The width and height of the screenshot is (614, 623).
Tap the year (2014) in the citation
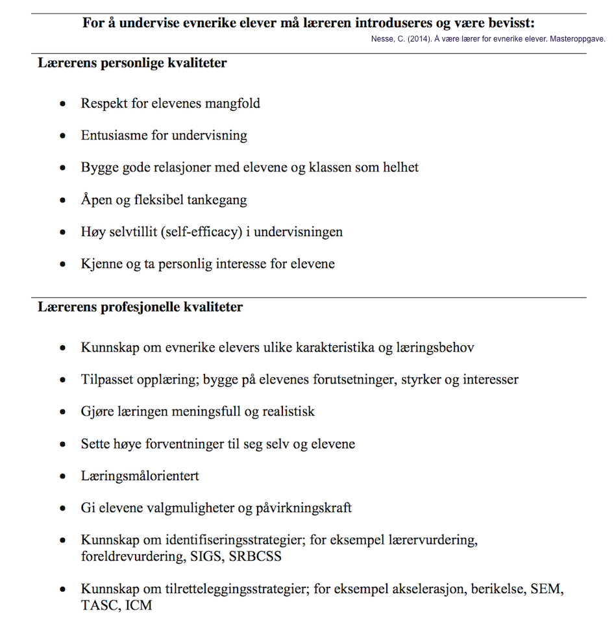click(419, 39)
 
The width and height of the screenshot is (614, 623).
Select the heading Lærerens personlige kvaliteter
click(132, 64)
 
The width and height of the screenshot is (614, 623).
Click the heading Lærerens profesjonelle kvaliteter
click(140, 307)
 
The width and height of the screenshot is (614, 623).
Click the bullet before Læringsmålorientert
click(63, 476)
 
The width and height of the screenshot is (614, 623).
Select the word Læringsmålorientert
click(140, 476)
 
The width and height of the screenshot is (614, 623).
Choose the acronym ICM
click(139, 606)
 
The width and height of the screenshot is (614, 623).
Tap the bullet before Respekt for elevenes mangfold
click(63, 104)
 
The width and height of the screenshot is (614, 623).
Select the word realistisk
click(282, 412)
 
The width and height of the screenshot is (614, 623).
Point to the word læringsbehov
click(435, 348)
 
